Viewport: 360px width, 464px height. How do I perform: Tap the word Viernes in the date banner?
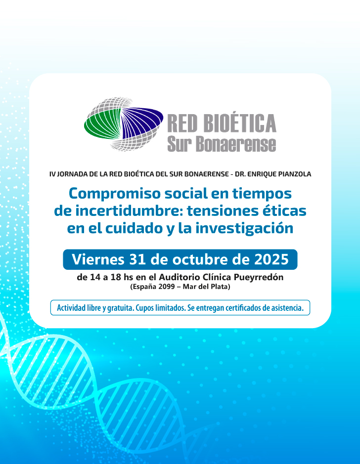[x=98, y=259]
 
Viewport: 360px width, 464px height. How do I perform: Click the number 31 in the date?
[x=139, y=259]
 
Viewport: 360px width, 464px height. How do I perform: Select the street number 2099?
[x=171, y=287]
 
